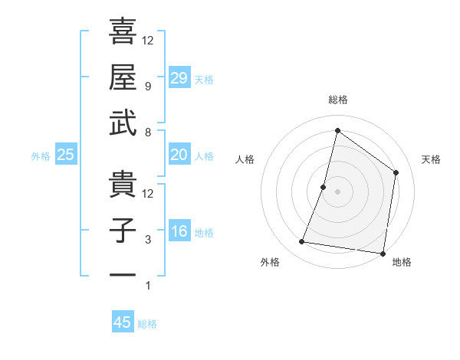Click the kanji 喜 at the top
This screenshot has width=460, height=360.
[123, 31]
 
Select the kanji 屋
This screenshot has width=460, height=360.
[123, 77]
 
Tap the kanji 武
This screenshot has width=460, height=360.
[123, 124]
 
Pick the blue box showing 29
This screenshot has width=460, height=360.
[179, 78]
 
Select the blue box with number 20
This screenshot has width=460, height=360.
[179, 155]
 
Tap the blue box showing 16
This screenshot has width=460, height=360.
[179, 232]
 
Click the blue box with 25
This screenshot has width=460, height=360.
[66, 155]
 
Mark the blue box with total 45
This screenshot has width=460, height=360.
[123, 322]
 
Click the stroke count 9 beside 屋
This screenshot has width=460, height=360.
[148, 86]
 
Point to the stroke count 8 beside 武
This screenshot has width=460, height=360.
[148, 132]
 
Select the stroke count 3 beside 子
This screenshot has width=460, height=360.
[148, 240]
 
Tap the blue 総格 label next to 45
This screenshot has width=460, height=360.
[147, 324]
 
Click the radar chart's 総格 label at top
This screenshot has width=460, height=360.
[337, 100]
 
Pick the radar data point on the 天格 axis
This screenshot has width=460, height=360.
[396, 172]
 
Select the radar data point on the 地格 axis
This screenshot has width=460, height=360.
[383, 253]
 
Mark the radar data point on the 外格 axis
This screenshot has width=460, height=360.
[302, 242]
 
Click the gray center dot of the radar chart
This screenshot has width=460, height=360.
[337, 191]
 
